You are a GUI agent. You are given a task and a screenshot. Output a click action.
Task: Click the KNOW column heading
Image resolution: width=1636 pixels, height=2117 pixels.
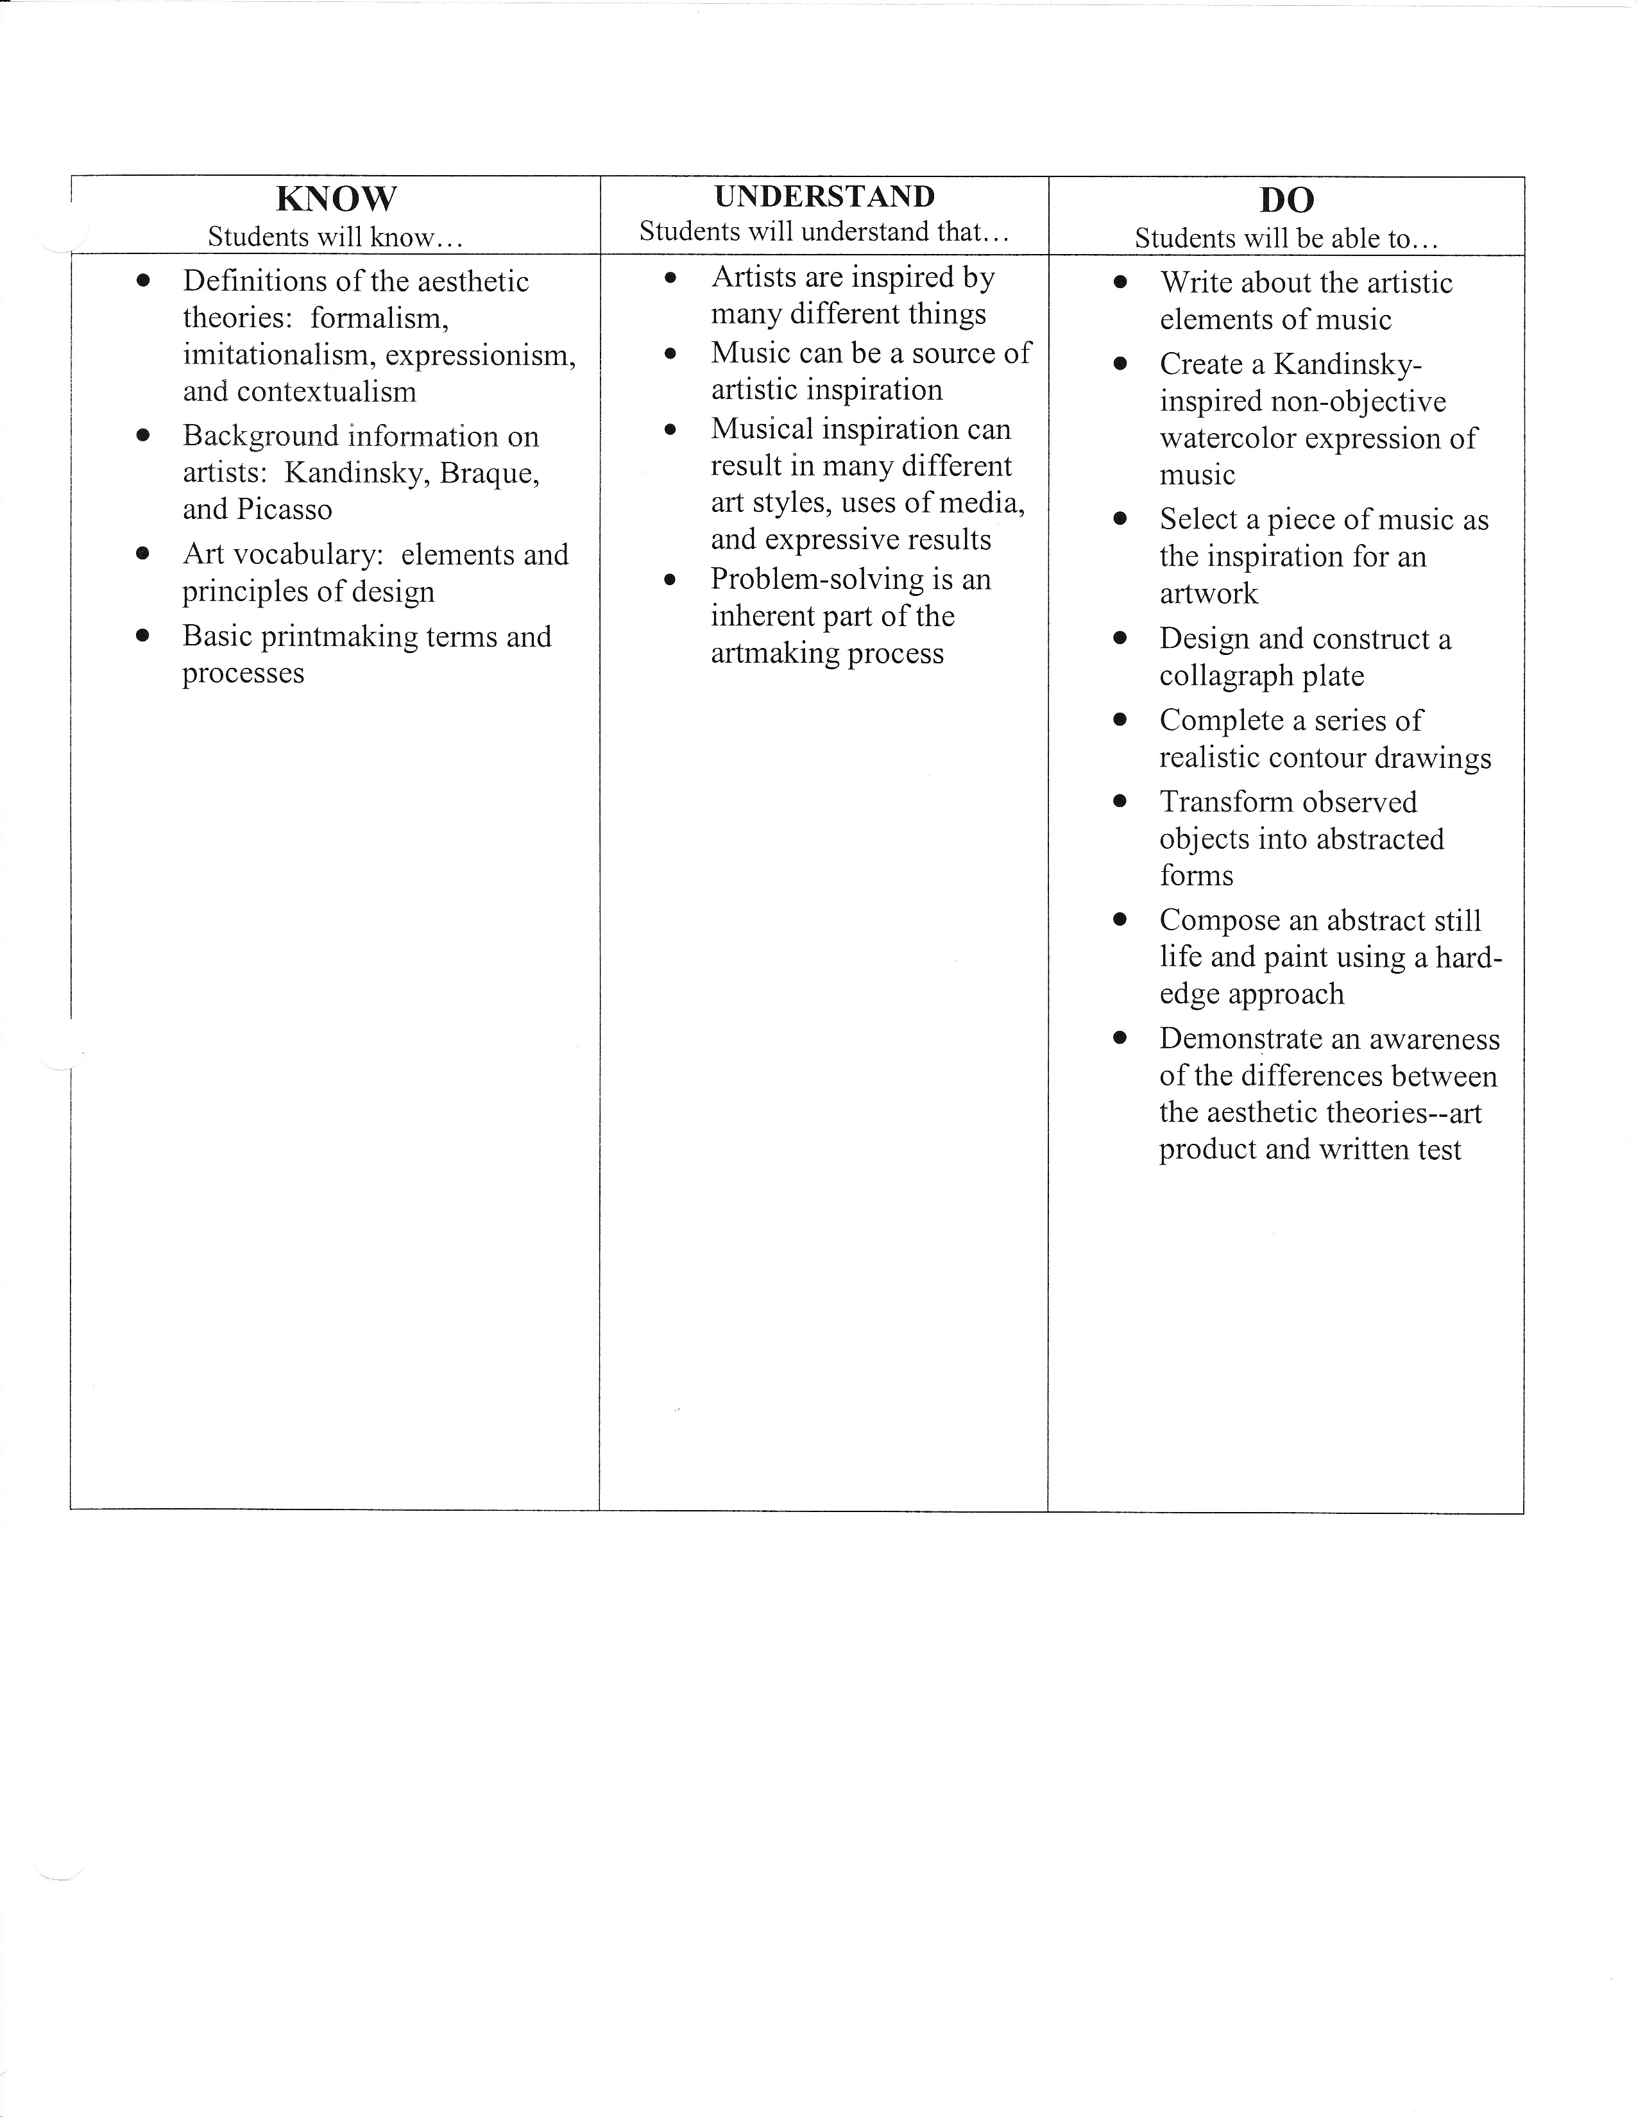tap(336, 199)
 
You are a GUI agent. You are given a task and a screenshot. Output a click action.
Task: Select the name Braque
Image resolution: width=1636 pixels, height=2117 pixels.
tap(488, 473)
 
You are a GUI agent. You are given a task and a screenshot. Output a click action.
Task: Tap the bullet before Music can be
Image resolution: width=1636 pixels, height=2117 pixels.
tap(670, 354)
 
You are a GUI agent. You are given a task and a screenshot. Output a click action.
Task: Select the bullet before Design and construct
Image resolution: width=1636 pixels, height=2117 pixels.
tap(1120, 638)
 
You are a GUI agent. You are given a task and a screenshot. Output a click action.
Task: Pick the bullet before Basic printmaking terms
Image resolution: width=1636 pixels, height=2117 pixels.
tap(144, 636)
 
